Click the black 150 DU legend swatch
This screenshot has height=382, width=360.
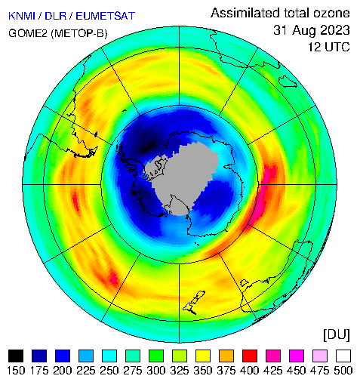click(16, 356)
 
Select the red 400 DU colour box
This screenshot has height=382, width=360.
click(250, 356)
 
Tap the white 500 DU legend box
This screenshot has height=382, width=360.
click(343, 356)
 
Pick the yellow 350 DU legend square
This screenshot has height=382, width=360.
click(203, 356)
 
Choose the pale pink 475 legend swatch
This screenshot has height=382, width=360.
click(320, 356)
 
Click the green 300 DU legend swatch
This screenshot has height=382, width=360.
click(156, 356)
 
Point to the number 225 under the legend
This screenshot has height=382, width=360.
click(86, 371)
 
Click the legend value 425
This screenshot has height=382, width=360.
click(273, 371)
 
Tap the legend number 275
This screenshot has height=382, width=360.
click(133, 371)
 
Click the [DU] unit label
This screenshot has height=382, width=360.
click(337, 335)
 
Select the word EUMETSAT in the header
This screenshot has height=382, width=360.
click(106, 16)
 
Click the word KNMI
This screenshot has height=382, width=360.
click(22, 16)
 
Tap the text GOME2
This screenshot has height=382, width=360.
click(28, 33)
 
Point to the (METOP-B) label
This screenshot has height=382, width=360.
click(79, 33)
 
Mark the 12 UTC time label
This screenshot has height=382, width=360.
click(329, 47)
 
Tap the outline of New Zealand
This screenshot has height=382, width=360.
click(194, 302)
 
